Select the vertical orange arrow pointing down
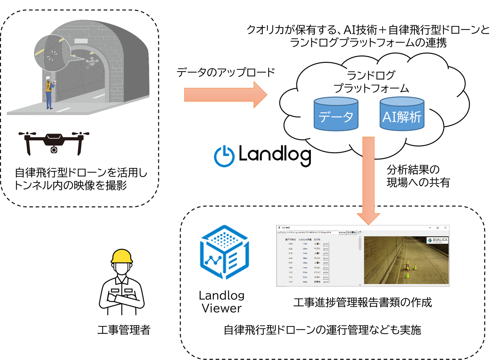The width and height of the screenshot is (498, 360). click(x=368, y=180)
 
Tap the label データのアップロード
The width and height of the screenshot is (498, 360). click(x=225, y=72)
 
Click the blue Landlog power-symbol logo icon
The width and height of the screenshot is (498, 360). click(x=224, y=156)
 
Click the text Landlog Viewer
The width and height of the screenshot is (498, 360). click(x=222, y=302)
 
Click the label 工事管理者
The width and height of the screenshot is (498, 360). click(x=124, y=330)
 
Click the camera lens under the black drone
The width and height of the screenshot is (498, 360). click(x=54, y=150)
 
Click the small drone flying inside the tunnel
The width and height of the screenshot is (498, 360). click(x=92, y=62)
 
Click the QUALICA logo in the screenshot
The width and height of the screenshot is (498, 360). click(x=438, y=240)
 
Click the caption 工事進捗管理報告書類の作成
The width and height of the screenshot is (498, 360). click(x=362, y=302)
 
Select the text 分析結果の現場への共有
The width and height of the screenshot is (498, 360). click(x=418, y=176)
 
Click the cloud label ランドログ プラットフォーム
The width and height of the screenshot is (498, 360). click(x=371, y=81)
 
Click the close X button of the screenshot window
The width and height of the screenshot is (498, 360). click(x=445, y=228)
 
